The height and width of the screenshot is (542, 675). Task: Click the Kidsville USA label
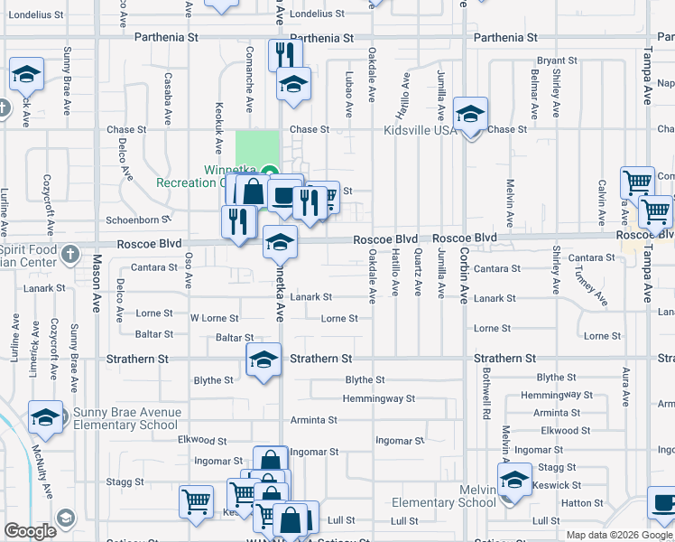click(x=420, y=131)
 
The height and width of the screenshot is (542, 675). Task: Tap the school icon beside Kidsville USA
click(x=470, y=115)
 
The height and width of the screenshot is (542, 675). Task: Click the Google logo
click(x=30, y=531)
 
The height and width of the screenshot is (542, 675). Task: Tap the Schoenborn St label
click(x=138, y=220)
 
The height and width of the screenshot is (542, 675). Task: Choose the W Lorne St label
click(x=214, y=318)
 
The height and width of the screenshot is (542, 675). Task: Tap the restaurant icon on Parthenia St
click(x=283, y=53)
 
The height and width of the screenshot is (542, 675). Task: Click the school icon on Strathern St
click(x=264, y=360)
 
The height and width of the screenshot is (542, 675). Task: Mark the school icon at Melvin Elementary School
click(x=515, y=480)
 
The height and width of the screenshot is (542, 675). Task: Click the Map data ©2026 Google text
click(x=618, y=535)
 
